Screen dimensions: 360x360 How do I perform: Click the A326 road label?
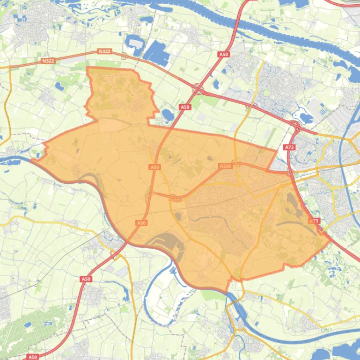pyautogui.click(x=225, y=166)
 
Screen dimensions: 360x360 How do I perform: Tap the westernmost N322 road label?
pyautogui.click(x=48, y=61)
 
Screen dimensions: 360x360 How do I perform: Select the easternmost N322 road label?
pyautogui.click(x=104, y=51)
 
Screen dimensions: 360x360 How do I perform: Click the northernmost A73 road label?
pyautogui.click(x=289, y=147)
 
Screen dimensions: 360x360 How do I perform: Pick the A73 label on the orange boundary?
pyautogui.click(x=314, y=221)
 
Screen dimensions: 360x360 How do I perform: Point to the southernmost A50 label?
pyautogui.click(x=32, y=357)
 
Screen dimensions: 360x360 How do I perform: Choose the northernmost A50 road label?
pyautogui.click(x=223, y=55)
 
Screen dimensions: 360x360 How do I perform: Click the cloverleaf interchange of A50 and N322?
pyautogui.click(x=198, y=87)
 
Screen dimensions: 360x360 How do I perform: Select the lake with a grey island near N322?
pyautogui.click(x=136, y=44)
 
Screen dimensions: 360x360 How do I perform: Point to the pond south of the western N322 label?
pyautogui.click(x=60, y=86)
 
